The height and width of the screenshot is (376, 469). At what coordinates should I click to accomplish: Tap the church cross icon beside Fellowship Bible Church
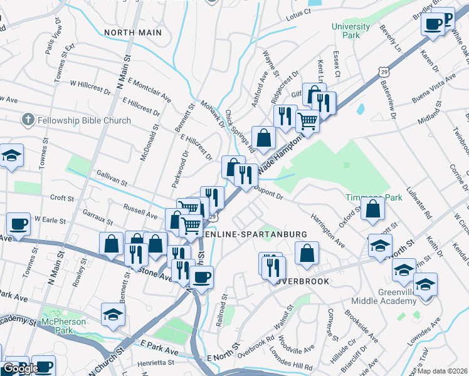[27, 119]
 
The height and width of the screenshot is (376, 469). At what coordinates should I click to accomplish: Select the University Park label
[346, 31]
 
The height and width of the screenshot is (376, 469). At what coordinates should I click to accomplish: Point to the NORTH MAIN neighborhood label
[133, 32]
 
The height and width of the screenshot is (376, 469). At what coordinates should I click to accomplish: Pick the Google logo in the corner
[21, 368]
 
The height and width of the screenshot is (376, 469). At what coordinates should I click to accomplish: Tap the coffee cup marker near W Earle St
[19, 224]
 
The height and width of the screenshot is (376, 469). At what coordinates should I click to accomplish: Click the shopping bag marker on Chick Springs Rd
[264, 138]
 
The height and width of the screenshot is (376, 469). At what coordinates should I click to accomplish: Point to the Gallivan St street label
[112, 178]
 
